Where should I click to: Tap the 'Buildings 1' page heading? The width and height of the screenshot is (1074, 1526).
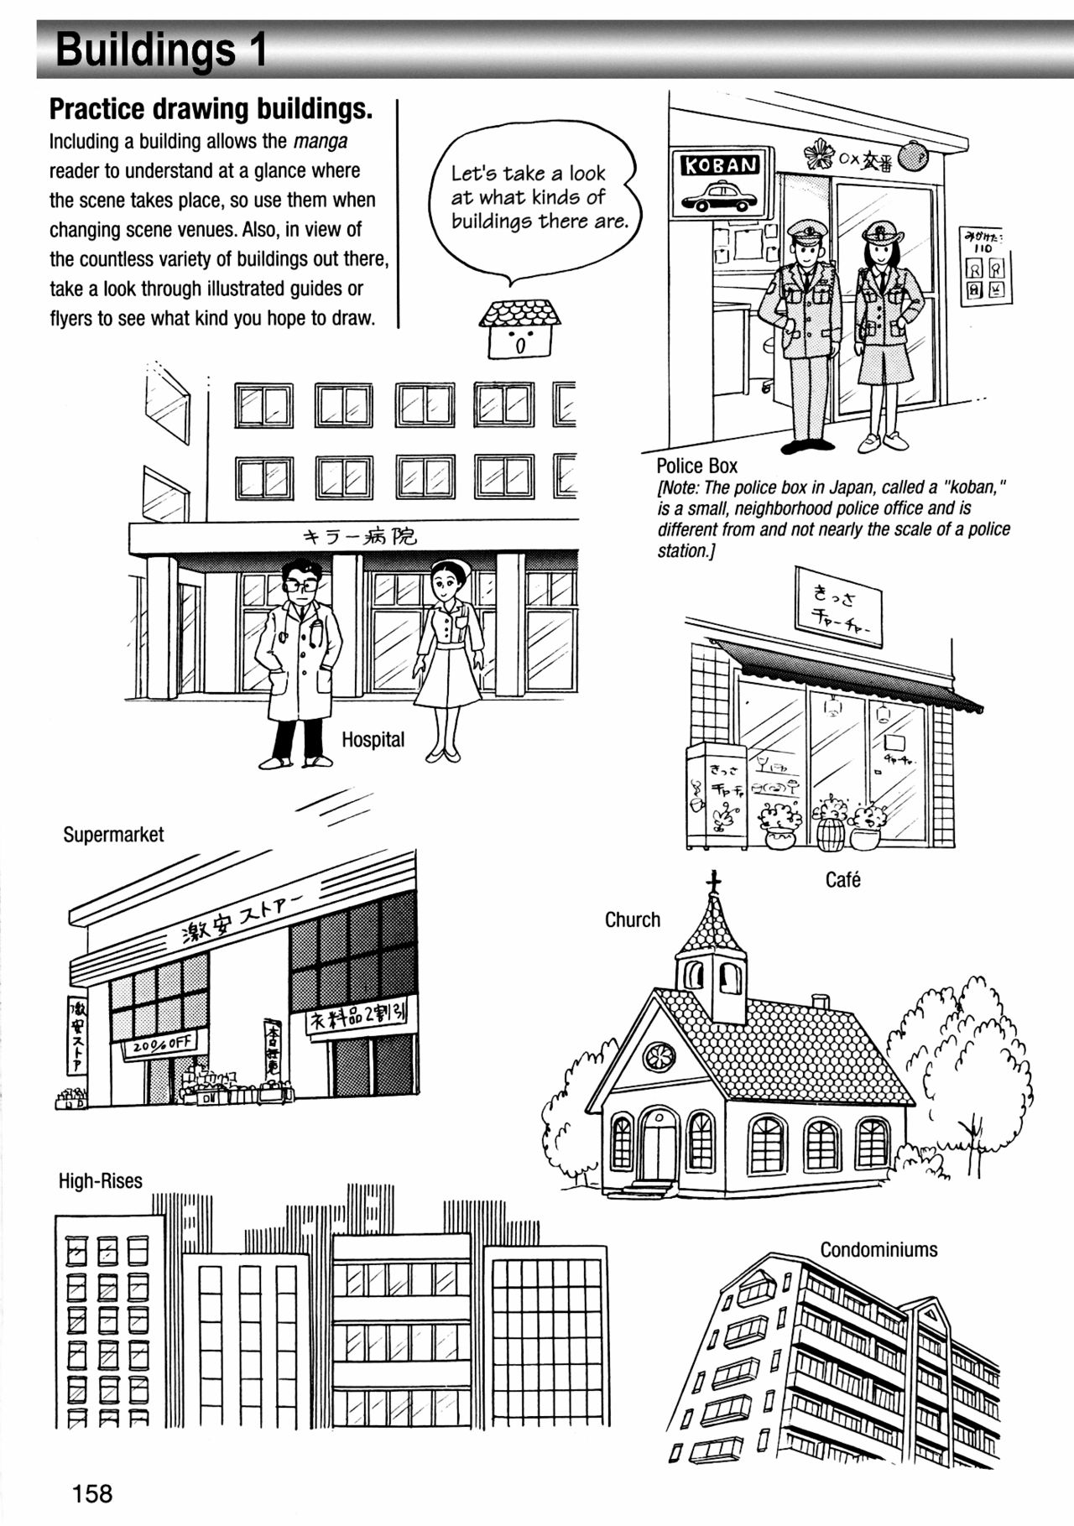tap(161, 50)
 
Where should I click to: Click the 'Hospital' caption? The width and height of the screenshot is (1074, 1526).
tap(373, 740)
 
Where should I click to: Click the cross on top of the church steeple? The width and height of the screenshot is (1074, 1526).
tap(713, 882)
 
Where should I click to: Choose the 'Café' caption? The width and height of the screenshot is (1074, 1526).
tap(842, 880)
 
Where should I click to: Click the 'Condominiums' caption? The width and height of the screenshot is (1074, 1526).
tap(878, 1250)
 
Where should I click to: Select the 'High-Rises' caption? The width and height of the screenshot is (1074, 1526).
tap(101, 1181)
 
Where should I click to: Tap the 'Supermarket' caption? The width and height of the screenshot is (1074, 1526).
tap(113, 835)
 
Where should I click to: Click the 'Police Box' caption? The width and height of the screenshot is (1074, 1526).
tap(696, 466)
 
